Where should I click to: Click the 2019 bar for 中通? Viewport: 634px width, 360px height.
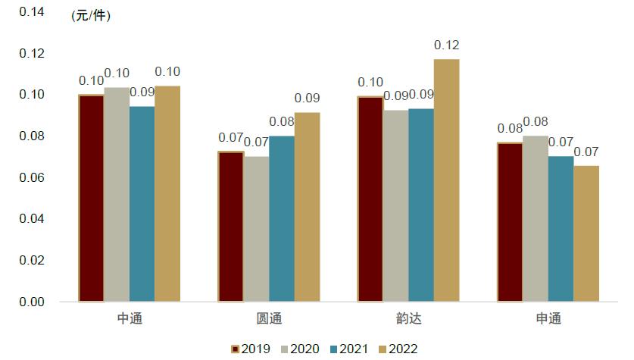coord(91,198)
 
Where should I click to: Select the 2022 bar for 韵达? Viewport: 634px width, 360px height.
coord(446,180)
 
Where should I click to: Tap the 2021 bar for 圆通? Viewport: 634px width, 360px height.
coord(281,218)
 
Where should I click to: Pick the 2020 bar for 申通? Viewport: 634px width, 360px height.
coord(535,218)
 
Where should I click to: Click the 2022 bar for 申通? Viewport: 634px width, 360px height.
coord(586,233)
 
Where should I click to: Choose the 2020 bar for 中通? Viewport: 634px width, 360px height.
coord(117,194)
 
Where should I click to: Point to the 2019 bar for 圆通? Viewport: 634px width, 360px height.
coord(230,227)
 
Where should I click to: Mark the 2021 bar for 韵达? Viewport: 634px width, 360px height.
coord(420,205)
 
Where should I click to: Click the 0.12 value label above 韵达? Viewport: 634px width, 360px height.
coord(446,45)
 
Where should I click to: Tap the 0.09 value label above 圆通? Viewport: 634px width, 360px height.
coord(307,99)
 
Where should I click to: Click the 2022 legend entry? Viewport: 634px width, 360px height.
coord(398,349)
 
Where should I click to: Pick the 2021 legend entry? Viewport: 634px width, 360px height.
coord(349,349)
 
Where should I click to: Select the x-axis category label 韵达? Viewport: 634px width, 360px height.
coord(408,319)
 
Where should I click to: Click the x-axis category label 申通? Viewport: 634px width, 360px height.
coord(548,319)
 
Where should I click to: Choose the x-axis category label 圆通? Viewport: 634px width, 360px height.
coord(269,319)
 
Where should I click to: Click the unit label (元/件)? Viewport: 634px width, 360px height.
coord(90,17)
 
